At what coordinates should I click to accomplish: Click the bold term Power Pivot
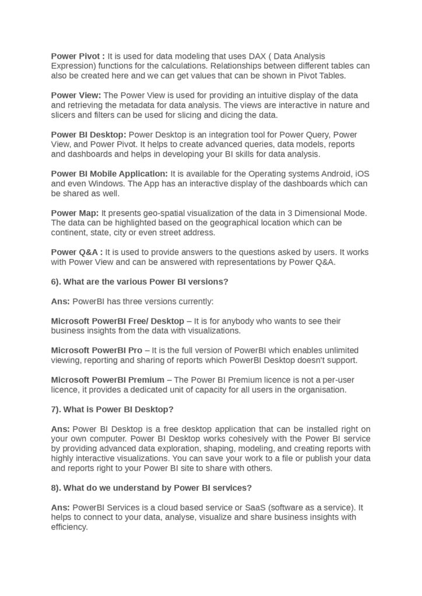[76, 56]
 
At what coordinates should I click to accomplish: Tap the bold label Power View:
[76, 95]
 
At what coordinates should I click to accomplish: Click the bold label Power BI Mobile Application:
[109, 173]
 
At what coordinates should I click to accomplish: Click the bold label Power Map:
[75, 213]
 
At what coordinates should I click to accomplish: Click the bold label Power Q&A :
[76, 252]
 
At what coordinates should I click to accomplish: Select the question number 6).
[56, 282]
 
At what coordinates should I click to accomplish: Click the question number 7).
[56, 409]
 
